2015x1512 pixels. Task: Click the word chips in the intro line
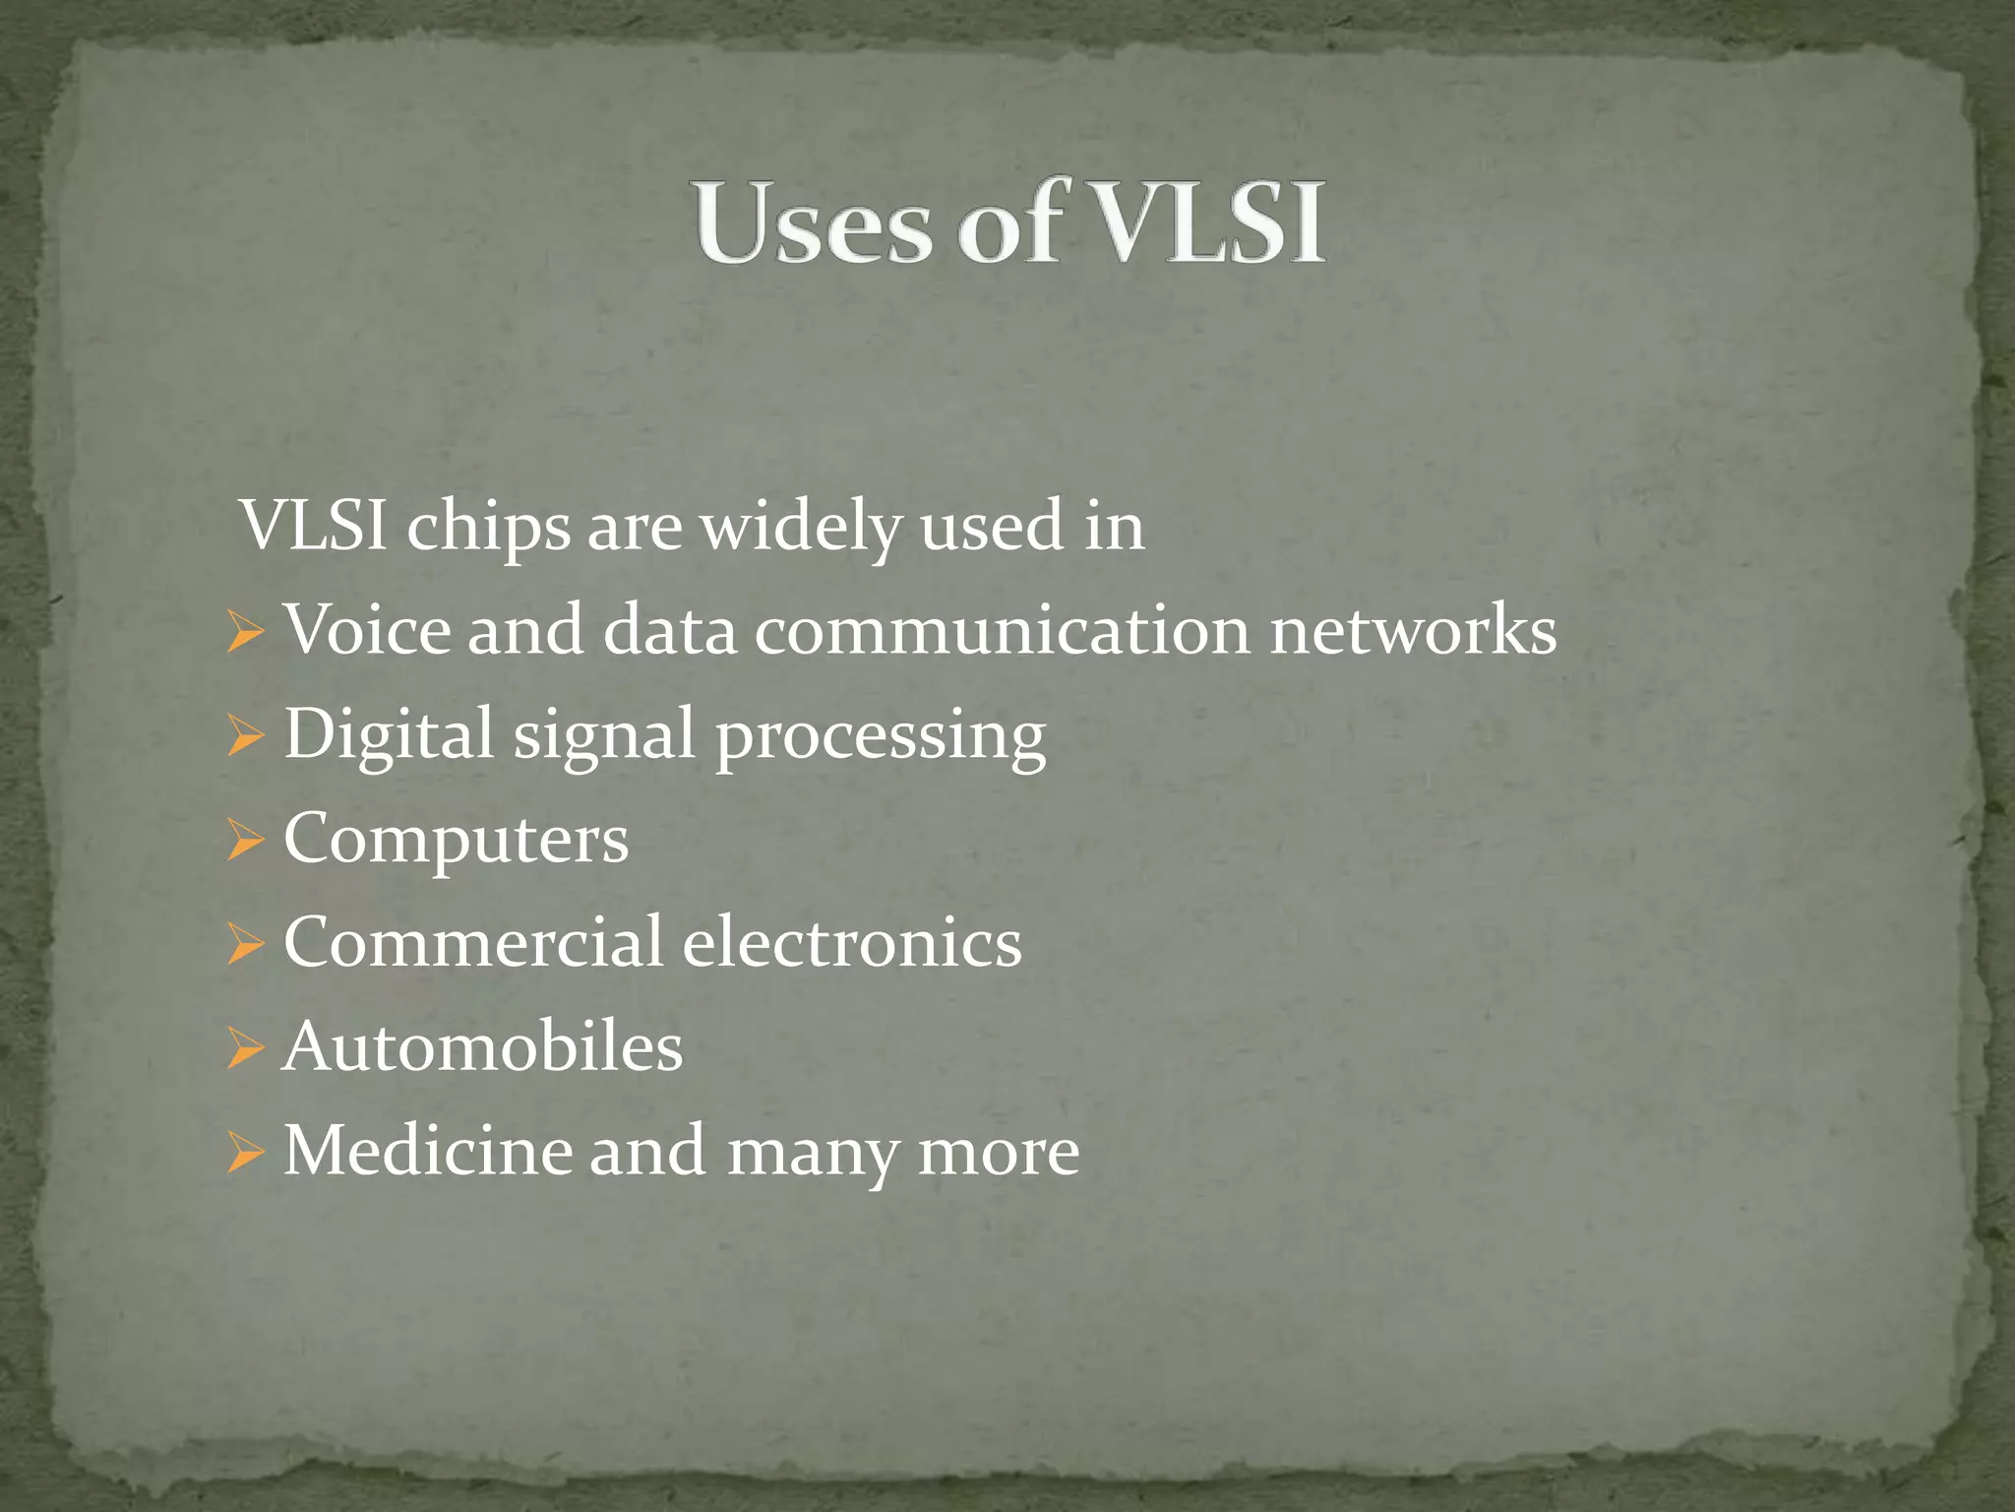(x=488, y=528)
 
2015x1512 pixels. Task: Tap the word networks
(x=1413, y=631)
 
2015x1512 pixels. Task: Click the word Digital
(x=389, y=734)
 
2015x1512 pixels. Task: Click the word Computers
(x=457, y=840)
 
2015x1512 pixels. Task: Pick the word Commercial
(x=473, y=942)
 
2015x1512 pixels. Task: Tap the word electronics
(x=852, y=942)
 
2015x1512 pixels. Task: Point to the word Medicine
(x=427, y=1151)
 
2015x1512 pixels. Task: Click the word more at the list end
(x=998, y=1153)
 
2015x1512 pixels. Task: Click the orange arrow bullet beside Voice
(x=244, y=632)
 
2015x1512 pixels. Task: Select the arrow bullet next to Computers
(x=244, y=842)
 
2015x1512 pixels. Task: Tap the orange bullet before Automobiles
(x=244, y=1049)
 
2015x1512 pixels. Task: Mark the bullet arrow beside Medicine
(x=244, y=1154)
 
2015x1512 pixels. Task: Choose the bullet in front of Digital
(x=244, y=736)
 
